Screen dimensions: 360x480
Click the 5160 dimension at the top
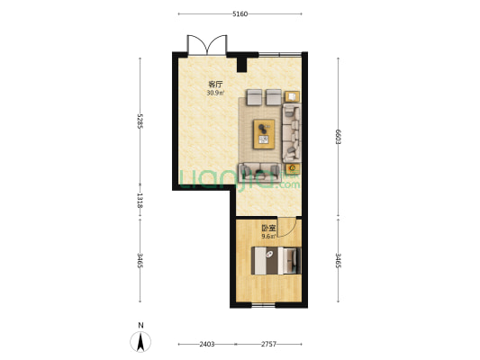point(240,14)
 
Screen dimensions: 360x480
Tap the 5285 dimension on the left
point(140,120)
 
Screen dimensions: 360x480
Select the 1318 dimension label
point(140,200)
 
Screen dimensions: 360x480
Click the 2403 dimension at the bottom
point(206,345)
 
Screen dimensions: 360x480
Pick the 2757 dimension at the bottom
point(270,345)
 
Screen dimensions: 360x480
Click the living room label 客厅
point(215,84)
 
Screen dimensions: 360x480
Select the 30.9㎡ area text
point(215,92)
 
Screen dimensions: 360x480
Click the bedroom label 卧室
point(268,229)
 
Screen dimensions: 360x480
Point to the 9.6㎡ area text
point(268,237)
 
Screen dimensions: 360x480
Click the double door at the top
point(207,45)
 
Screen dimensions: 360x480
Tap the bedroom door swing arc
point(286,229)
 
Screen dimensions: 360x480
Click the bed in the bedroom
point(276,261)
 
